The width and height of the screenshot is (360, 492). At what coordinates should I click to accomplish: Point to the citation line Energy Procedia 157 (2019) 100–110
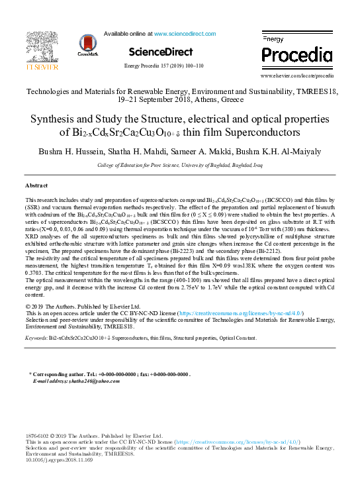(163, 66)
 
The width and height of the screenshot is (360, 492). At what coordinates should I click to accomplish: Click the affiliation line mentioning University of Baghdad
(179, 164)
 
